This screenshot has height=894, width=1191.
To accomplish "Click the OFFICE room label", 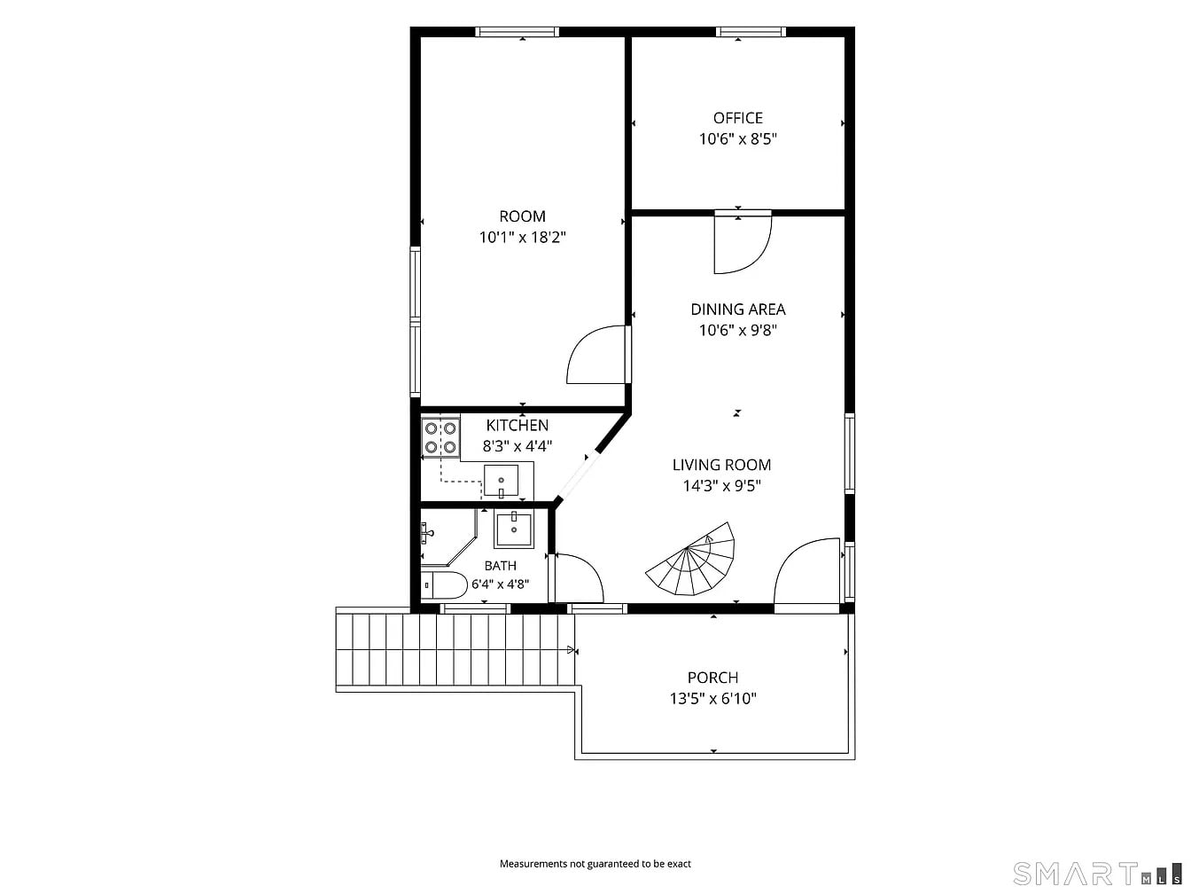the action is pos(737,118).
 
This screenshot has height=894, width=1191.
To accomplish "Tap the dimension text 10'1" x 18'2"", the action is pos(522,237).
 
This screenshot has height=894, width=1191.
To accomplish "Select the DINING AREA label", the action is pos(737,310).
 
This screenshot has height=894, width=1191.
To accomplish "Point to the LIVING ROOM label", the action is pos(721,465).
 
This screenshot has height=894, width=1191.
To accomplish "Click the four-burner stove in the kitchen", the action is pos(440,437).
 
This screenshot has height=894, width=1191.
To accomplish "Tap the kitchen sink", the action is pos(501,481).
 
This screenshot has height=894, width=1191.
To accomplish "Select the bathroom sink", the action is pos(513,529).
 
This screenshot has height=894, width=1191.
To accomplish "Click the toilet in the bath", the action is pos(444,585).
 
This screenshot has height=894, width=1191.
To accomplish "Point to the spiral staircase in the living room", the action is pos(690,560).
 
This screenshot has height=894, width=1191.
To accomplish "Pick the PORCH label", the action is pos(712,678).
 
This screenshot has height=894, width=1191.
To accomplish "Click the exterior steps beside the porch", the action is pos(455,649).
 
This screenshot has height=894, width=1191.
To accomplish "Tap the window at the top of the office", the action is pos(751,32).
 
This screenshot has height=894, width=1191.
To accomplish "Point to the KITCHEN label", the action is pos(517,425).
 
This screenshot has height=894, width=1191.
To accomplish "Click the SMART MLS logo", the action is pos(1097,874).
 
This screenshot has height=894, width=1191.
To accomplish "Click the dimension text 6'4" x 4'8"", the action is pos(501,584).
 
